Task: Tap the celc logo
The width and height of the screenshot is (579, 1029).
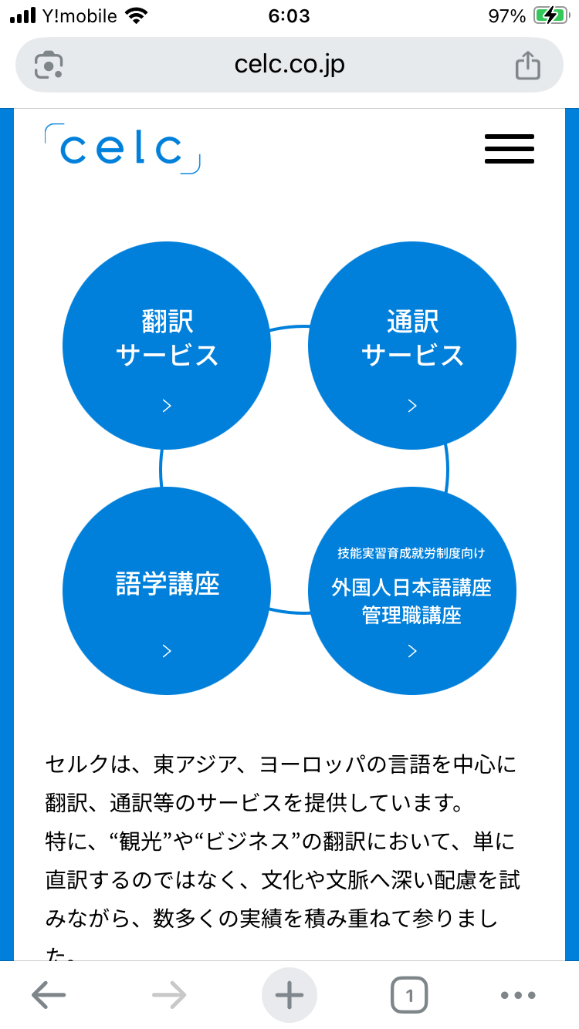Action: coord(122,148)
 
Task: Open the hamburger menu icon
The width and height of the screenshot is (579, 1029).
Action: coord(510,148)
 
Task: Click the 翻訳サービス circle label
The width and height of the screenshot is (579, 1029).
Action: coord(167,338)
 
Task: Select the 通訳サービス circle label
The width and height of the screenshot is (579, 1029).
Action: coord(412,338)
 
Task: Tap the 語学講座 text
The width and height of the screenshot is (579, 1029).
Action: coord(167,584)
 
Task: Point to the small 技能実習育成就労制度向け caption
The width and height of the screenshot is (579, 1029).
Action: coord(411,553)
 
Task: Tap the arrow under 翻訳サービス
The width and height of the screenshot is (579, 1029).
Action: coord(167,406)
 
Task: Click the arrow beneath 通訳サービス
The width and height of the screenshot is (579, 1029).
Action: coord(412,406)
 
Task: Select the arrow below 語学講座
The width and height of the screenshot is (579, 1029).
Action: coord(167,651)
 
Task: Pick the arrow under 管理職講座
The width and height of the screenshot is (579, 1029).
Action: coord(412,651)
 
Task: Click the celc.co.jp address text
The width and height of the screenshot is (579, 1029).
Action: coord(289,64)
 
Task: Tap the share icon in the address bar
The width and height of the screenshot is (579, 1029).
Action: coord(528,65)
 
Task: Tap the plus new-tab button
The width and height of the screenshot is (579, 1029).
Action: coord(289,996)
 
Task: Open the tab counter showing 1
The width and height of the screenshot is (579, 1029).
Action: coord(409,996)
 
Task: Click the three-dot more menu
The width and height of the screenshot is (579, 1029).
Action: coord(517,996)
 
